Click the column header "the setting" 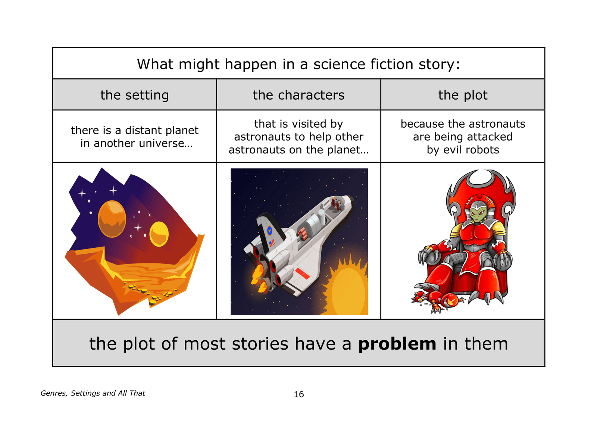click(135, 95)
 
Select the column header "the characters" click(298, 95)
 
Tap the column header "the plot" click(463, 95)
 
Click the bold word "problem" click(397, 344)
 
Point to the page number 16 click(298, 394)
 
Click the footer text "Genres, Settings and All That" click(93, 393)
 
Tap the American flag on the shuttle click(272, 243)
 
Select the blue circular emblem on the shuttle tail click(270, 230)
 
